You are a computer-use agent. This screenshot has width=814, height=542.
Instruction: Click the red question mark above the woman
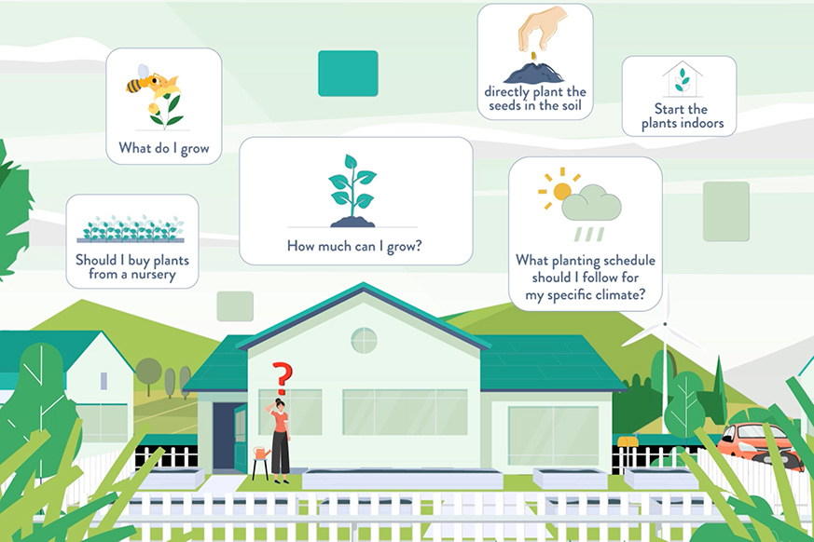tap(283, 378)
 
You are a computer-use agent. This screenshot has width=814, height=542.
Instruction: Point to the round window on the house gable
tap(364, 340)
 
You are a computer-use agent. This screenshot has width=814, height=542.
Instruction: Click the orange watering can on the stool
tap(261, 453)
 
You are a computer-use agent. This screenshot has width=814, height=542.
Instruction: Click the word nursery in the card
tap(153, 275)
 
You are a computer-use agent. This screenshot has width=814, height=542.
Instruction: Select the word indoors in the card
tap(703, 124)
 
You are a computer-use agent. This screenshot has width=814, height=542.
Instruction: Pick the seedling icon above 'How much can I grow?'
tap(352, 190)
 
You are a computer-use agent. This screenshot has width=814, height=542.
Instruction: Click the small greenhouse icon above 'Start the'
tap(683, 79)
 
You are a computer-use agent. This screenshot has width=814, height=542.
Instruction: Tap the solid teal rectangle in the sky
tap(348, 74)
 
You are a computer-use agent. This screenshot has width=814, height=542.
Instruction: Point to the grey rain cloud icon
tap(591, 203)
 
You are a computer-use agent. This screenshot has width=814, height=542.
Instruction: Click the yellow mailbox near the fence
tap(628, 440)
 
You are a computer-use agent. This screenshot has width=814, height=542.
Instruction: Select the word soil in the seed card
tap(571, 105)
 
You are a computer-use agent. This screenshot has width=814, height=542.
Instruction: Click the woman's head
tap(281, 404)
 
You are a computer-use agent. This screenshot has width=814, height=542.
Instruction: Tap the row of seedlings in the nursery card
tap(131, 229)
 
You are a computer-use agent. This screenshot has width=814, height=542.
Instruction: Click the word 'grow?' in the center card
tap(404, 247)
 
